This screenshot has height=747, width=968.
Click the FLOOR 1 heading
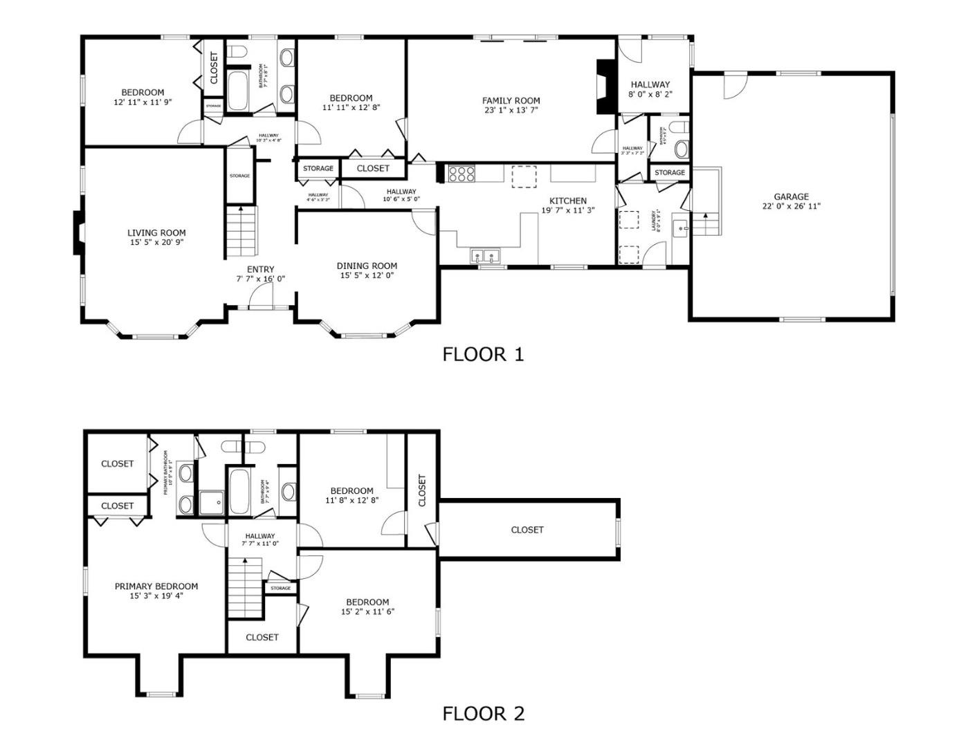(x=483, y=354)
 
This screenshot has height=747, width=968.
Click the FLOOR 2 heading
(x=483, y=713)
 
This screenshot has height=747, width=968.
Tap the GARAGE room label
(x=791, y=196)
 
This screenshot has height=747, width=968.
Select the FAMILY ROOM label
(x=511, y=100)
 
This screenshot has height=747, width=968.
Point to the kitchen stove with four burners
(x=462, y=173)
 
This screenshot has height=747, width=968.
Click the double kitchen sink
(x=486, y=257)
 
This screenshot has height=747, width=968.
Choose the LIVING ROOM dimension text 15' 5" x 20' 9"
(x=156, y=242)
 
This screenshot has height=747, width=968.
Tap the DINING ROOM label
(x=367, y=266)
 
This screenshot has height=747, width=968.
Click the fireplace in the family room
(x=605, y=86)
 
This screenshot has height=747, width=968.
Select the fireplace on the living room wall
(x=80, y=232)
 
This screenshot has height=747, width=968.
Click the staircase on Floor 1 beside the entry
(x=241, y=232)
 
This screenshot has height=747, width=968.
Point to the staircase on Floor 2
(x=245, y=588)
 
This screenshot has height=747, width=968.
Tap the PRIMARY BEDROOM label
(x=156, y=586)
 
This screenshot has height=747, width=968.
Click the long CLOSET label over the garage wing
(x=527, y=530)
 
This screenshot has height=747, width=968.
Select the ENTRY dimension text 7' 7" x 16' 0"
(x=260, y=279)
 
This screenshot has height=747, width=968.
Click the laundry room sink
(x=681, y=228)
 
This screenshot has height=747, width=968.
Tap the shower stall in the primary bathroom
(x=212, y=503)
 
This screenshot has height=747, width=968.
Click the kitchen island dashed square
(x=524, y=176)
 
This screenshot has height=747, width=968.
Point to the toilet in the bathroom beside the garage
(x=682, y=148)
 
